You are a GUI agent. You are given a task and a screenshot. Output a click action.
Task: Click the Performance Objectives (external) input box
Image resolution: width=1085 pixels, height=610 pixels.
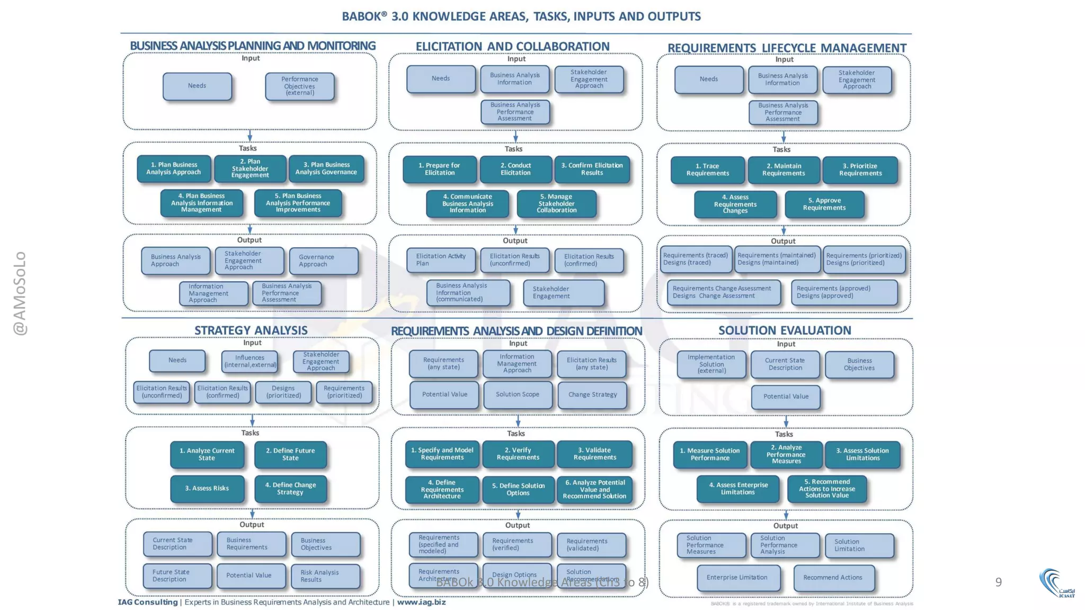coord(299,86)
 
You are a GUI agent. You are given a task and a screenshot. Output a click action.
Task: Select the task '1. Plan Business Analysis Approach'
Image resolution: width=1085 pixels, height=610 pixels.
coord(174,168)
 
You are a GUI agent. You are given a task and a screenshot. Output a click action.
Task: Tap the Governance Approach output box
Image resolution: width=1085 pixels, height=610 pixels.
coord(324,261)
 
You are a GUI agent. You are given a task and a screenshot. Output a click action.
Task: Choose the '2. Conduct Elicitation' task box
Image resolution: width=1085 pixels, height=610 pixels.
coord(515,169)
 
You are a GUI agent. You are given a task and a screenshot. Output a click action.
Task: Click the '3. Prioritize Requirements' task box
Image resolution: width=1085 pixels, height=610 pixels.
coord(860,169)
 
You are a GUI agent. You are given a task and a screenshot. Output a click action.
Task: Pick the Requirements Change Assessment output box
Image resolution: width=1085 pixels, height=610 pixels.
coord(723,292)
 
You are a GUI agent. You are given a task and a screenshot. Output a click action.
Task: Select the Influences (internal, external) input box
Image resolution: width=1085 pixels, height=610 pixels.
coord(250,362)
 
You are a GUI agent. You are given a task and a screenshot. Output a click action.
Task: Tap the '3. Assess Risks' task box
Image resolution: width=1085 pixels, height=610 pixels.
coord(207,488)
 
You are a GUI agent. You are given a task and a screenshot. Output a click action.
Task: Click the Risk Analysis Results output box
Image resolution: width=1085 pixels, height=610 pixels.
coord(325,576)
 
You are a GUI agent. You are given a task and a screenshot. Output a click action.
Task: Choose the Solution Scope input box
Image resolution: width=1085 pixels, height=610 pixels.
coord(518,394)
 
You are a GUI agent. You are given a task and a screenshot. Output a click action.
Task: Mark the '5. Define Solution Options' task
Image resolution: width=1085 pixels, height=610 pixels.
coord(518,489)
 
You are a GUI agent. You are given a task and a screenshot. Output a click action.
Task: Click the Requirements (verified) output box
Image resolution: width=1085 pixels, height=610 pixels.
coord(517,544)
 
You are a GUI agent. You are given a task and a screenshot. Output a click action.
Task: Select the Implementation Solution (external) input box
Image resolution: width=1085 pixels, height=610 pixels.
coord(711,364)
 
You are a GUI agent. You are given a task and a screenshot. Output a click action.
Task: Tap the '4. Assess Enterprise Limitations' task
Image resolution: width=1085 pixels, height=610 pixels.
coord(737,489)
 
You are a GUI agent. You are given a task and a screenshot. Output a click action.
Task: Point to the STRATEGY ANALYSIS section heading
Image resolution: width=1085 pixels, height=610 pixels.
coord(251,330)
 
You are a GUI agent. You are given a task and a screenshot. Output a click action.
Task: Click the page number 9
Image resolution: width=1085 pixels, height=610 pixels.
coord(998,582)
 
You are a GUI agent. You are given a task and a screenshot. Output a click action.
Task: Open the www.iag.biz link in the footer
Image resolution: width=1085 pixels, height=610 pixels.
coord(421,602)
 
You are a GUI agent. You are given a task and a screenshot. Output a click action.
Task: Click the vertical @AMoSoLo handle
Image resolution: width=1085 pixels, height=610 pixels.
coord(20,293)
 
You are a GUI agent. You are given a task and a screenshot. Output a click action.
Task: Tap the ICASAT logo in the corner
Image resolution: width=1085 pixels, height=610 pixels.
coord(1057,584)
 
